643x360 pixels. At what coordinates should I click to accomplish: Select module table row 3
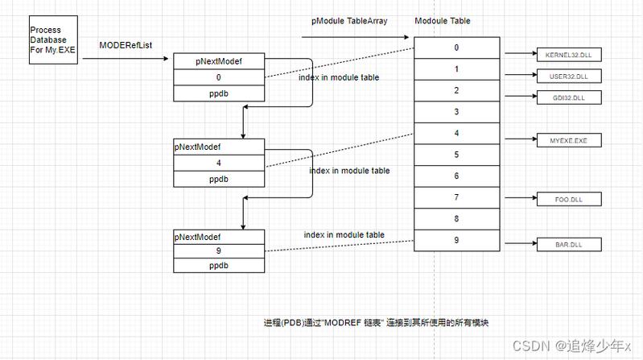point(455,112)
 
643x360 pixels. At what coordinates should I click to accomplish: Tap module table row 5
point(455,155)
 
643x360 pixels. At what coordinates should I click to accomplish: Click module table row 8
point(455,218)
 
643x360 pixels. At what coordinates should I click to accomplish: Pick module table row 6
point(455,176)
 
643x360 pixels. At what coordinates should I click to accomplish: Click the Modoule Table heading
point(443,21)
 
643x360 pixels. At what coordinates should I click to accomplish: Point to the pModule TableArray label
point(350,21)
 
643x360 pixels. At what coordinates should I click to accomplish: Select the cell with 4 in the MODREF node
point(219,163)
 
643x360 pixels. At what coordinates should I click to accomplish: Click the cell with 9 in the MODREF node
point(219,250)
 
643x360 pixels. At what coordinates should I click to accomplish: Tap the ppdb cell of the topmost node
point(219,93)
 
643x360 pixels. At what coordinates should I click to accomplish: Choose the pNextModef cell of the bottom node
point(219,238)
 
